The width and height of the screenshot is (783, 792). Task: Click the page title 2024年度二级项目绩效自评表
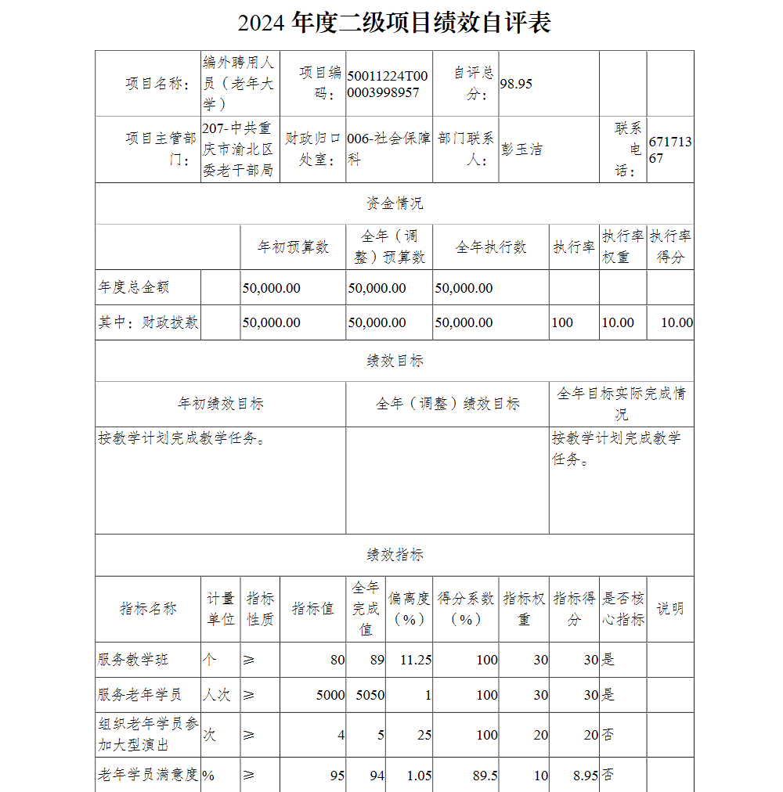pos(394,23)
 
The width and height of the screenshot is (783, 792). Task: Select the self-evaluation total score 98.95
pos(516,84)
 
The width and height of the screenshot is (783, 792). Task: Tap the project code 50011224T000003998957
pos(388,84)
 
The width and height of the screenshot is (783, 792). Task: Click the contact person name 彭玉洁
pos(521,149)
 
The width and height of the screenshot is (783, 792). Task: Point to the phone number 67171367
pos(669,149)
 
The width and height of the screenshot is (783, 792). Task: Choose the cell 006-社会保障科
pos(388,149)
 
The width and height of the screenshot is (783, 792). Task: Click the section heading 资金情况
pos(395,203)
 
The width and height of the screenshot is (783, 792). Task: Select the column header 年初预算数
pos(293,247)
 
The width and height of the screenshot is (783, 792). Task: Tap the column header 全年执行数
pos(491,247)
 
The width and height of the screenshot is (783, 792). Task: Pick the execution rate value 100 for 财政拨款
pos(562,322)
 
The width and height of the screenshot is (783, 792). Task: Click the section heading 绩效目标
pos(395,361)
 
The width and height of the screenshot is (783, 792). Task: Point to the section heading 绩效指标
pos(395,555)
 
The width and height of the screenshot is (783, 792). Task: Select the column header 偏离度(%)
pos(409,609)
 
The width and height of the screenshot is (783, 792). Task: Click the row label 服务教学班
pos(133,660)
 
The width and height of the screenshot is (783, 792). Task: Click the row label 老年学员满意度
pos(148,776)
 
